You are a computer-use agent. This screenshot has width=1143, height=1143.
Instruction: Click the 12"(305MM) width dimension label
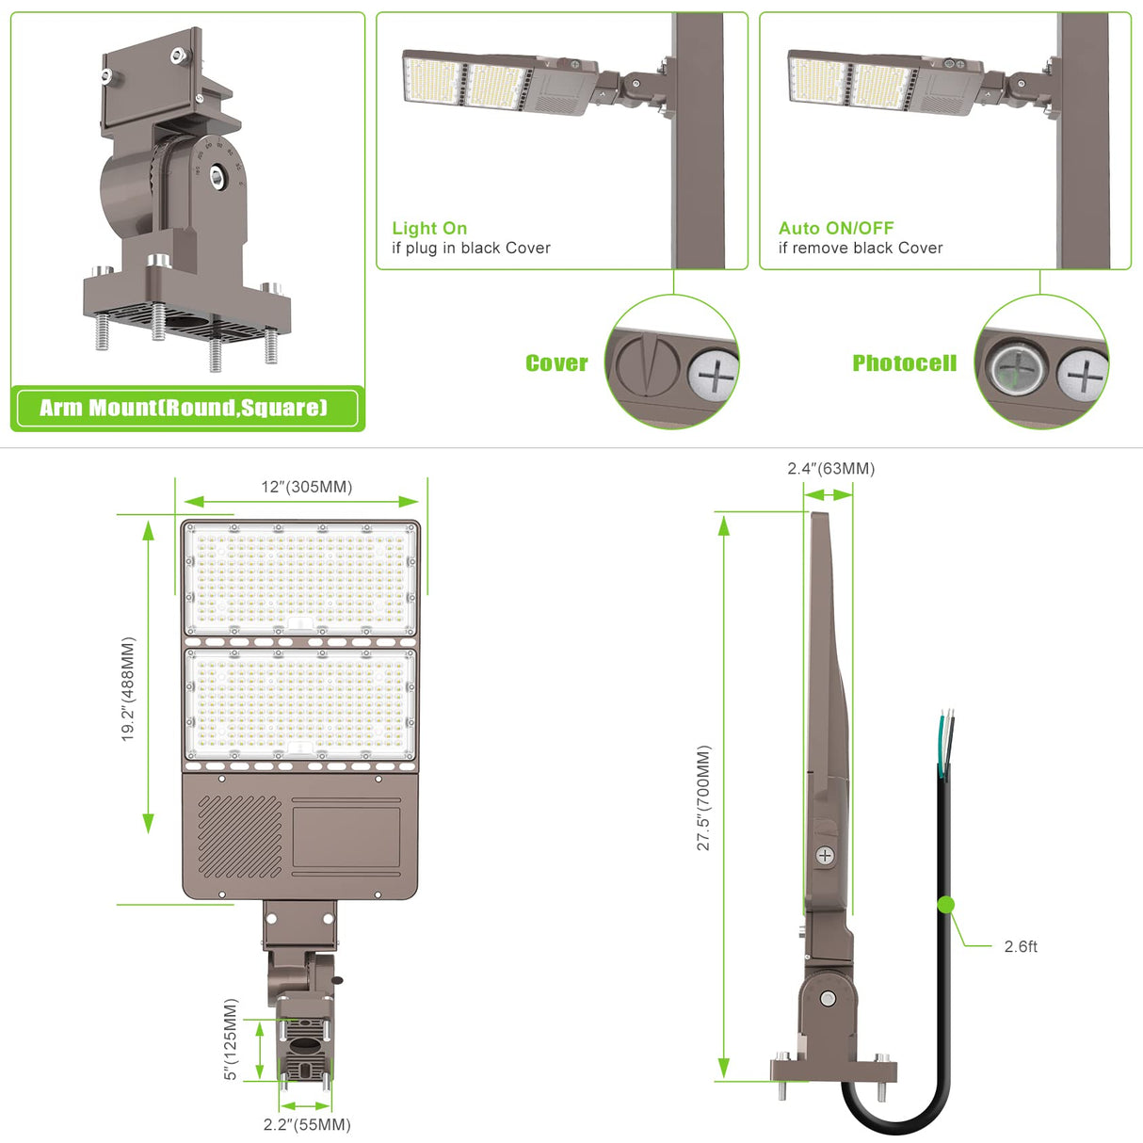point(306,487)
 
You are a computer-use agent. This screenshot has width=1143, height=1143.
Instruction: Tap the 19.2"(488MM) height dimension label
point(129,688)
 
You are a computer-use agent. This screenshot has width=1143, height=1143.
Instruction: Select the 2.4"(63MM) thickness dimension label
point(830,469)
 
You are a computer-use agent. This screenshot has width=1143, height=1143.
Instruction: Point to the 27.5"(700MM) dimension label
point(704,797)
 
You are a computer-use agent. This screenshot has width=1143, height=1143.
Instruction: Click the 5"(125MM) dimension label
point(232,1039)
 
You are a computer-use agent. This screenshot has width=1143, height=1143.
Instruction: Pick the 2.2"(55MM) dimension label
point(307,1124)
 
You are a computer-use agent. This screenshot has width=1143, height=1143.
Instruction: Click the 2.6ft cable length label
point(1021,946)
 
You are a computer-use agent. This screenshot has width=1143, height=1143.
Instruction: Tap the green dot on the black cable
point(946,905)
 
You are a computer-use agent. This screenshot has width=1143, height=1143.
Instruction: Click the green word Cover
point(556,363)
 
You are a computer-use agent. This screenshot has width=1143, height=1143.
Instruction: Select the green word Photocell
point(904,363)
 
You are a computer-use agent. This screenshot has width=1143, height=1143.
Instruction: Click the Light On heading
point(429,228)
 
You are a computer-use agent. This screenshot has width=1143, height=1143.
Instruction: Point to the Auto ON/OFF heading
point(836,228)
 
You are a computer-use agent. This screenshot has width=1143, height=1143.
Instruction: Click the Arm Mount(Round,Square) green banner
point(185,408)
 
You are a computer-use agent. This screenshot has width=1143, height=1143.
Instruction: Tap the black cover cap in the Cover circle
point(646,364)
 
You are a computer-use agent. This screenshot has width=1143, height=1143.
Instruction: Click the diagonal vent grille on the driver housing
point(239,836)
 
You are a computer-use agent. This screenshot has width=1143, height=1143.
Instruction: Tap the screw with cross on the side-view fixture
point(825,856)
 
